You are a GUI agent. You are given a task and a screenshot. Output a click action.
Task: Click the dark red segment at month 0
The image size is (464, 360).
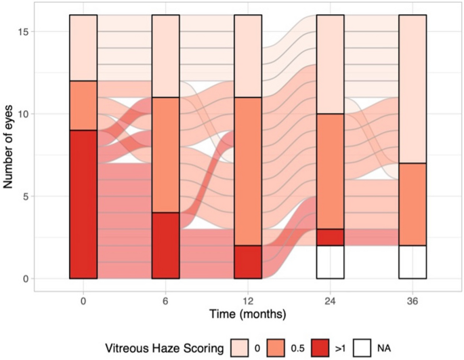[83, 204]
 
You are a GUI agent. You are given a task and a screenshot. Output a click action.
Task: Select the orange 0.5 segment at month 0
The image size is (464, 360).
[83, 105]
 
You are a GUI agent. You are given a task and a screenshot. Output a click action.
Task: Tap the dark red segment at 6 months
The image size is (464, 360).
[166, 245]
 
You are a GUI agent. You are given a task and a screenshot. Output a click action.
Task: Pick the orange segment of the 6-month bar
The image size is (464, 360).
[166, 155]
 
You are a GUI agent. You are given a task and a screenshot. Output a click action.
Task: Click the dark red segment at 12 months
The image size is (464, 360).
[248, 262]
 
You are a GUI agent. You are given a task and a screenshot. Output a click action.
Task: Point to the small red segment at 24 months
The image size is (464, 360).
[331, 237]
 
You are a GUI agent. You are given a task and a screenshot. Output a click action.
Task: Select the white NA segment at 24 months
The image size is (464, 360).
[331, 262]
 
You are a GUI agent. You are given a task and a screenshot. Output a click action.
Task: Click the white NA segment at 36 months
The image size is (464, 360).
[413, 262]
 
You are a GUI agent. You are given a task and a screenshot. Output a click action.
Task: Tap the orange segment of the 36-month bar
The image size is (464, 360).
[413, 204]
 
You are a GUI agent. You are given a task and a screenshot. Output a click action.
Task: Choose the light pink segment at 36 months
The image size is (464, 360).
[413, 89]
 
